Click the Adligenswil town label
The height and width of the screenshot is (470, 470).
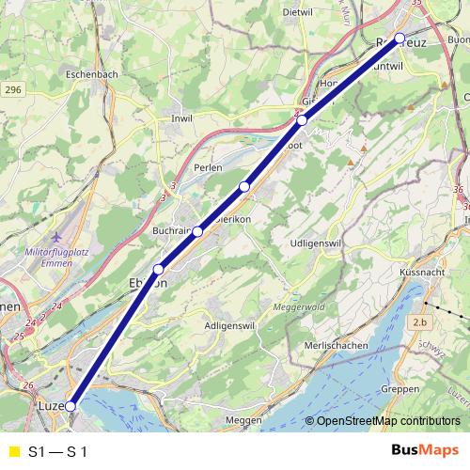(230, 325)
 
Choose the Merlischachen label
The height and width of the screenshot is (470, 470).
(337, 345)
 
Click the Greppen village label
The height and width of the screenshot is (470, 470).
(402, 388)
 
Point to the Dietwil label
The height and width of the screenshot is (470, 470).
(297, 12)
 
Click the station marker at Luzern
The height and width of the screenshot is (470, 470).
(70, 407)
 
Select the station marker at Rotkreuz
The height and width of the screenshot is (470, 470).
(399, 38)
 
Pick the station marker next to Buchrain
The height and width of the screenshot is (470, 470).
(198, 231)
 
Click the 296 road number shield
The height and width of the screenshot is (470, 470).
(11, 89)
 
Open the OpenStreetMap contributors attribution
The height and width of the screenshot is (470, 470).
(387, 421)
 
